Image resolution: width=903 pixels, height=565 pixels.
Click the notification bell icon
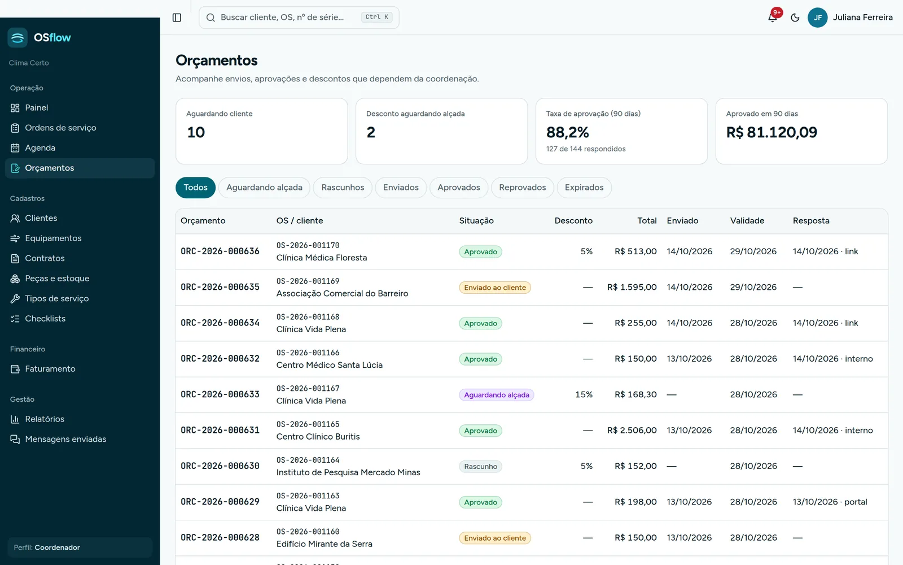pyautogui.click(x=773, y=18)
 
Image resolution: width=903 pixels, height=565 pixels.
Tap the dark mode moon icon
pyautogui.click(x=795, y=18)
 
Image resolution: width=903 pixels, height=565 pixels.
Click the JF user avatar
pyautogui.click(x=818, y=18)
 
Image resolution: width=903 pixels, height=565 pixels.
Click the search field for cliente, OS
pyautogui.click(x=299, y=18)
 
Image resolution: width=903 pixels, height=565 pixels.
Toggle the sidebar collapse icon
pyautogui.click(x=177, y=18)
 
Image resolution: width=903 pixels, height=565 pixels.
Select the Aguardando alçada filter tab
pyautogui.click(x=264, y=188)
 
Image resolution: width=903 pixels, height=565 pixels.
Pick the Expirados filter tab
pyautogui.click(x=584, y=188)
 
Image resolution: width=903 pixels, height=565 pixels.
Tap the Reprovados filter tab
pyautogui.click(x=523, y=188)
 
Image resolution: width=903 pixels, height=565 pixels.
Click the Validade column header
pyautogui.click(x=747, y=221)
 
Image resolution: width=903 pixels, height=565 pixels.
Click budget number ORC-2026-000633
pyautogui.click(x=220, y=394)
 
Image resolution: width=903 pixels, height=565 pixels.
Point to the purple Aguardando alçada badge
pyautogui.click(x=497, y=395)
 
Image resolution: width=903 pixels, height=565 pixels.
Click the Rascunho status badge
pyautogui.click(x=480, y=467)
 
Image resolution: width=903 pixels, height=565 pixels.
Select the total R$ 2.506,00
pyautogui.click(x=632, y=430)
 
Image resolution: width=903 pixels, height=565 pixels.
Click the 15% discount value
pyautogui.click(x=584, y=394)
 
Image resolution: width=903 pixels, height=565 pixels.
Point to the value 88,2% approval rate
pyautogui.click(x=567, y=132)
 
